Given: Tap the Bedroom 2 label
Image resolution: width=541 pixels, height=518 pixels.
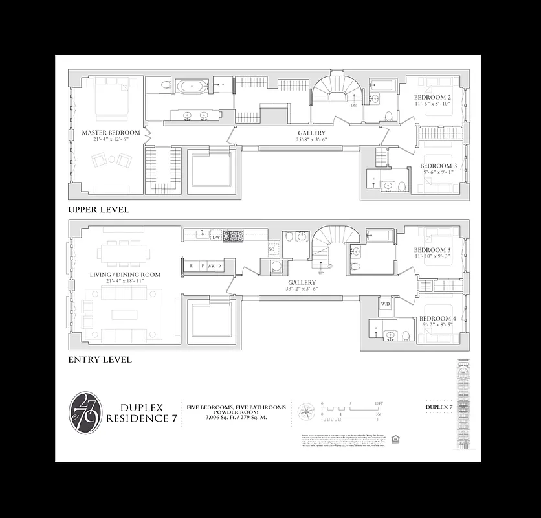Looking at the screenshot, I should (x=433, y=98).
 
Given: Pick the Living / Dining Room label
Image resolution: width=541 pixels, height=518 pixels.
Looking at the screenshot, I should (x=125, y=275).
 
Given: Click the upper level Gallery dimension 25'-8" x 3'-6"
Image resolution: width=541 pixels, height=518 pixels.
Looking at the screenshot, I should (x=311, y=140).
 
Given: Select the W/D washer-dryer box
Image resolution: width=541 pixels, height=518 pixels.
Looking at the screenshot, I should (x=385, y=304).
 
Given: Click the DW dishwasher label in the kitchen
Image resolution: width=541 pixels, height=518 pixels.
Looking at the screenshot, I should (x=216, y=238).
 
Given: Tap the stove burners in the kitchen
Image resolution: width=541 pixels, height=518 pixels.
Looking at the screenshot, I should (x=232, y=235).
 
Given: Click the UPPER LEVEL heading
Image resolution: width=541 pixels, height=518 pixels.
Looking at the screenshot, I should (x=98, y=210).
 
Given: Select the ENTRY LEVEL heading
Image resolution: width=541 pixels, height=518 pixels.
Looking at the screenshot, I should (x=100, y=359).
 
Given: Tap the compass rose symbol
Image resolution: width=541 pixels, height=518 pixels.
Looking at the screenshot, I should (x=306, y=412).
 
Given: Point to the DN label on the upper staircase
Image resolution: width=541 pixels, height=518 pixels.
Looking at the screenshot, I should (x=353, y=105).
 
